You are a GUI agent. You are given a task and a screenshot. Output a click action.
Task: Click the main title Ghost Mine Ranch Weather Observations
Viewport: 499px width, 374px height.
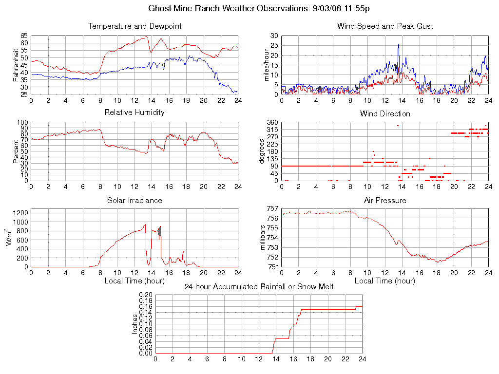(259, 9)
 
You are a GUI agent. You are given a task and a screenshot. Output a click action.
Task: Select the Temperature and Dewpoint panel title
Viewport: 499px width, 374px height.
(134, 26)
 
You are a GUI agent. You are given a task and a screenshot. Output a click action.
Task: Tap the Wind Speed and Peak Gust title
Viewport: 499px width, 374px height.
(385, 26)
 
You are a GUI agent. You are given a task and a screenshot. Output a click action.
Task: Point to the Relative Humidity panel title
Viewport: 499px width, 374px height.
(134, 112)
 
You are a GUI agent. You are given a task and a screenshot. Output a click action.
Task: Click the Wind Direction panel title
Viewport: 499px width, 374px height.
(385, 114)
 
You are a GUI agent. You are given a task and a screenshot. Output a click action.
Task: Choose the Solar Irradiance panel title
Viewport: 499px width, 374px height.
(134, 201)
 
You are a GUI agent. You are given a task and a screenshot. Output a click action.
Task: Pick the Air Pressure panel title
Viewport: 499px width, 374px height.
(385, 201)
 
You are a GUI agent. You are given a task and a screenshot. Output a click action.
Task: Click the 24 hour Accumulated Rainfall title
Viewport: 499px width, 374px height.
(259, 287)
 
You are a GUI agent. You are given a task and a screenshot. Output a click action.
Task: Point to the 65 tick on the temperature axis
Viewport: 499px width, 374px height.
(24, 36)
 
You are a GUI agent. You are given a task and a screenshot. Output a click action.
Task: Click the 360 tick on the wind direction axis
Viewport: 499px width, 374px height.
(271, 122)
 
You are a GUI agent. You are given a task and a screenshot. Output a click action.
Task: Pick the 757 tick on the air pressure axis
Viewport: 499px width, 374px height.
(271, 208)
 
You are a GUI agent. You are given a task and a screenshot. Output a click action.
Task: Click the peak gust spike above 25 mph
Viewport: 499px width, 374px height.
(398, 45)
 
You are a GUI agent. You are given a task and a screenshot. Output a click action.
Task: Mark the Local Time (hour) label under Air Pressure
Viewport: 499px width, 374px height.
(385, 281)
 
